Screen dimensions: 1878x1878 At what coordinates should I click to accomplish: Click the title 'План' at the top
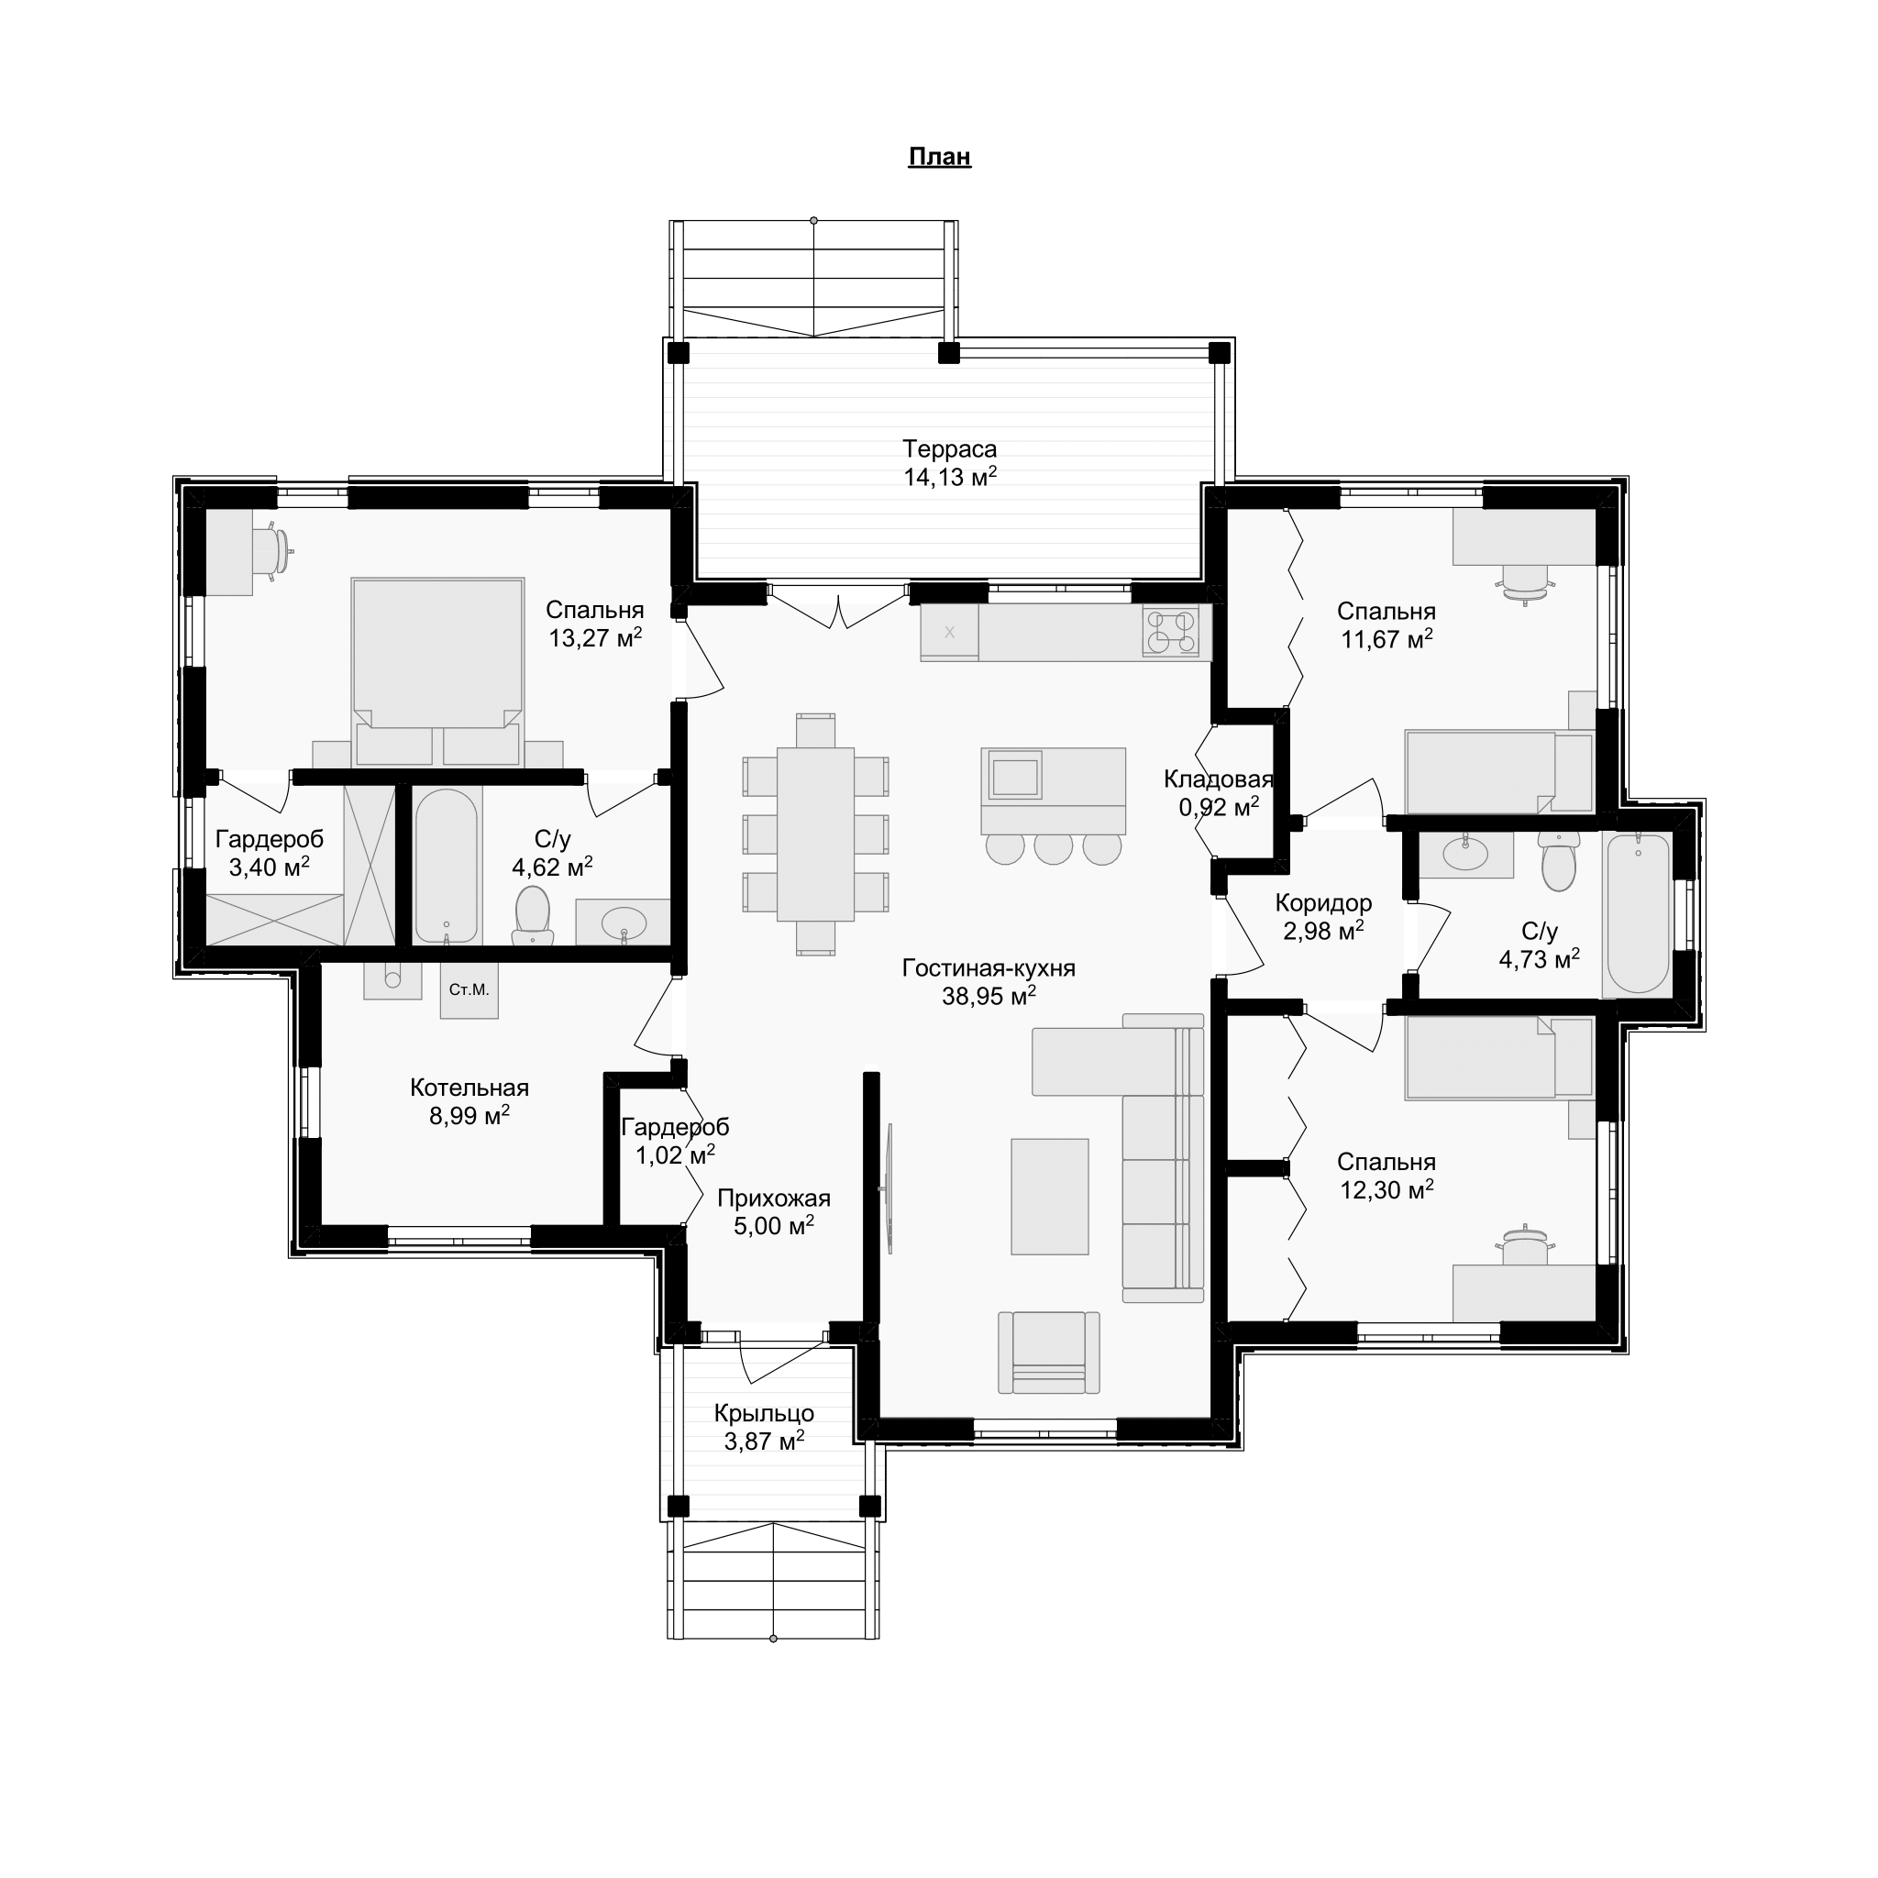939,157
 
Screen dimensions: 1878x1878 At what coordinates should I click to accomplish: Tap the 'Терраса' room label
949,449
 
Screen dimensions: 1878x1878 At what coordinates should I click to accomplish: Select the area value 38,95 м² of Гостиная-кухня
989,995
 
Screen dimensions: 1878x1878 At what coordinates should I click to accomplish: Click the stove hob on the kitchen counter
1170,632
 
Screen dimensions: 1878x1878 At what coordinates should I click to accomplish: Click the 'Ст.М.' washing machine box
469,990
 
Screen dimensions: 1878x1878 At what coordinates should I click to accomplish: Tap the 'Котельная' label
469,1088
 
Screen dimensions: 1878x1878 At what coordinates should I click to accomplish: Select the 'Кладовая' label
1218,779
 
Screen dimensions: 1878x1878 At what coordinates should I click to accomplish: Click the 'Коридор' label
1323,903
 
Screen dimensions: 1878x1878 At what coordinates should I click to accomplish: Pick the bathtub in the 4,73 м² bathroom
1638,912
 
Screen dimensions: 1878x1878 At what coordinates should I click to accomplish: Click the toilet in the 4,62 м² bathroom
533,913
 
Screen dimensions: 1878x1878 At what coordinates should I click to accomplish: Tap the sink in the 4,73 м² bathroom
1464,854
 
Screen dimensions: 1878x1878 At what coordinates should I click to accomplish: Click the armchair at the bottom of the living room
1049,1353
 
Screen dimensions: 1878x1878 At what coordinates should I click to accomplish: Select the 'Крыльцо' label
764,1413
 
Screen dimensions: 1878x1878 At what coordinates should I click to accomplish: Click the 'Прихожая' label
774,1199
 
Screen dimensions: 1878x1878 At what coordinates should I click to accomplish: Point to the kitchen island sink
1015,777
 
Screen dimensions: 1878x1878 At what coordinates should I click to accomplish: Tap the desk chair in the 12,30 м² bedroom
1524,1246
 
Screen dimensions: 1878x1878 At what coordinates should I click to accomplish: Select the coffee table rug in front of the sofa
1049,1197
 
